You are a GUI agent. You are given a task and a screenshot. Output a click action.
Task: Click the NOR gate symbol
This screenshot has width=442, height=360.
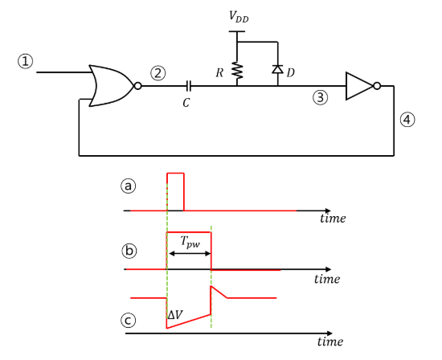pos(112,85)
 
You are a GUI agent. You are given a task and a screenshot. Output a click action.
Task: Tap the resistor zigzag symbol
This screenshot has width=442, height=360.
pos(237,71)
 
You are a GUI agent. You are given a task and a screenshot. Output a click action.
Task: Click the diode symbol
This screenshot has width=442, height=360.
pos(277,71)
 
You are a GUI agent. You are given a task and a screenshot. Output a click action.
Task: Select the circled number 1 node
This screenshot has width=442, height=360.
pos(27,62)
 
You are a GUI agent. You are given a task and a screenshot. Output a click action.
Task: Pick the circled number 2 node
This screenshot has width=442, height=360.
pos(158,73)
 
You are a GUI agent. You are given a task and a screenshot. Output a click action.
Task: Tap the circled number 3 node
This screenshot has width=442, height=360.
pos(321,98)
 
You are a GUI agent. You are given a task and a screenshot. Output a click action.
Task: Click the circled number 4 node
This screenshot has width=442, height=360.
pos(408,120)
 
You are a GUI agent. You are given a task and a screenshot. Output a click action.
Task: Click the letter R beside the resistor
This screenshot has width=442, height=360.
pos(219,72)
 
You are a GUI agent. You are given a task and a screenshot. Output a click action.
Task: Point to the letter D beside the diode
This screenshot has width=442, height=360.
pos(291,72)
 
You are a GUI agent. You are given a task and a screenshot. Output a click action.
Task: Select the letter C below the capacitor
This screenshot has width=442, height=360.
pos(187,102)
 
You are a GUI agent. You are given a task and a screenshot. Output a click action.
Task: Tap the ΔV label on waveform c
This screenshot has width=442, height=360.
pos(174,314)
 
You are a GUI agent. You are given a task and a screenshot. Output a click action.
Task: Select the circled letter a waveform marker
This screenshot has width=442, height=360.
pos(127,186)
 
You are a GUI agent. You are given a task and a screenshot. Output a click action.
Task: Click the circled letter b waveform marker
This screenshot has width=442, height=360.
pos(127,250)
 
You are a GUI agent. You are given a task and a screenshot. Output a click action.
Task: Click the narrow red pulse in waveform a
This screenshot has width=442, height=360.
pos(175,190)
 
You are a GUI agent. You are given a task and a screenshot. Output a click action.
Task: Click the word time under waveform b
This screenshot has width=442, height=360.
pos(327,279)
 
